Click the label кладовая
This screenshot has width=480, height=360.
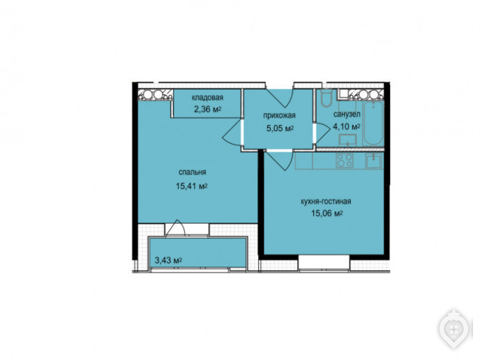click(x=207, y=98)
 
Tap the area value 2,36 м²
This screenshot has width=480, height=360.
click(x=207, y=110)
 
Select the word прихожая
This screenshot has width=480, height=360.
click(x=280, y=115)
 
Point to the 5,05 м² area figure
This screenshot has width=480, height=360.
click(x=280, y=128)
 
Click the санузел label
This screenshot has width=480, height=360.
click(x=347, y=114)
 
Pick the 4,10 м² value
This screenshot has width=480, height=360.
click(x=346, y=126)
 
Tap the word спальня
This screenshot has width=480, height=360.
click(x=193, y=172)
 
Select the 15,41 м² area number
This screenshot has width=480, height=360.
click(x=192, y=186)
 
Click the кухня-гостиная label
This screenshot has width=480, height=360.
click(x=326, y=202)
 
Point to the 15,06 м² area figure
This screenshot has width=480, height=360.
click(x=327, y=213)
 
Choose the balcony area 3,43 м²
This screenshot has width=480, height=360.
click(x=168, y=260)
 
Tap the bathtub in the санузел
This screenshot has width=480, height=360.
click(x=373, y=123)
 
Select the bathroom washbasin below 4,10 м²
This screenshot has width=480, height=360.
click(x=347, y=140)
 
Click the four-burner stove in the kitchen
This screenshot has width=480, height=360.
click(x=345, y=160)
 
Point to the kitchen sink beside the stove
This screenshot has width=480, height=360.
click(x=374, y=161)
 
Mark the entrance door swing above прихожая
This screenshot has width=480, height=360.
click(x=280, y=96)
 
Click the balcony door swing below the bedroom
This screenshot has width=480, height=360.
click(x=175, y=227)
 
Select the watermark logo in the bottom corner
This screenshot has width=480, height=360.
click(x=454, y=330)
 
